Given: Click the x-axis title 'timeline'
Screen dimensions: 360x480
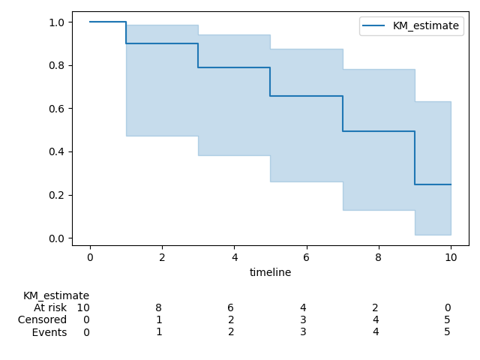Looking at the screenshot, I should click(x=270, y=273).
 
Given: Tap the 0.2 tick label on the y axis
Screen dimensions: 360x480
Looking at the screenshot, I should click(x=56, y=195).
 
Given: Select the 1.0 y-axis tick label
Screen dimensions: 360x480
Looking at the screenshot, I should click(x=56, y=22).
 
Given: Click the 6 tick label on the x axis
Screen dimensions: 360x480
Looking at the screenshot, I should click(x=306, y=257).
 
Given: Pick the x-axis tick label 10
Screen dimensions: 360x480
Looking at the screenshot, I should click(x=450, y=257).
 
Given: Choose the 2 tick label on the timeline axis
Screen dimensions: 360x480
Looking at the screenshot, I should click(x=162, y=257).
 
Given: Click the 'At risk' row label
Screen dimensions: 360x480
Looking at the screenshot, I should click(x=50, y=307).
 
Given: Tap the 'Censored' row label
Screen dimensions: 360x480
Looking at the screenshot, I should click(x=43, y=319).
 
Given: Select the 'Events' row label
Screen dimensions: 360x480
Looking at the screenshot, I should click(x=49, y=332).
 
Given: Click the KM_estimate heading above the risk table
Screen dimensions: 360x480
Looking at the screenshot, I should click(x=56, y=295).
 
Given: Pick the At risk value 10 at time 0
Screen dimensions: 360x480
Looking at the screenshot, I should click(x=83, y=307).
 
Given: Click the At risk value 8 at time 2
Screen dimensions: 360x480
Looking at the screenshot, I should click(x=158, y=307).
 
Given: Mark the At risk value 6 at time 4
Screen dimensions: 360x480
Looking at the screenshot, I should click(x=231, y=307).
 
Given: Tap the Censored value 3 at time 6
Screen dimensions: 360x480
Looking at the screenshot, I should click(x=303, y=319).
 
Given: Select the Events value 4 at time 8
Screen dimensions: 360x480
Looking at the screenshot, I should click(x=375, y=332).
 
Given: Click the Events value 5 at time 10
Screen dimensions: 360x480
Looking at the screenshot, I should click(x=447, y=332).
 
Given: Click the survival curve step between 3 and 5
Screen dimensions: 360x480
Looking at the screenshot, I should click(x=234, y=67).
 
